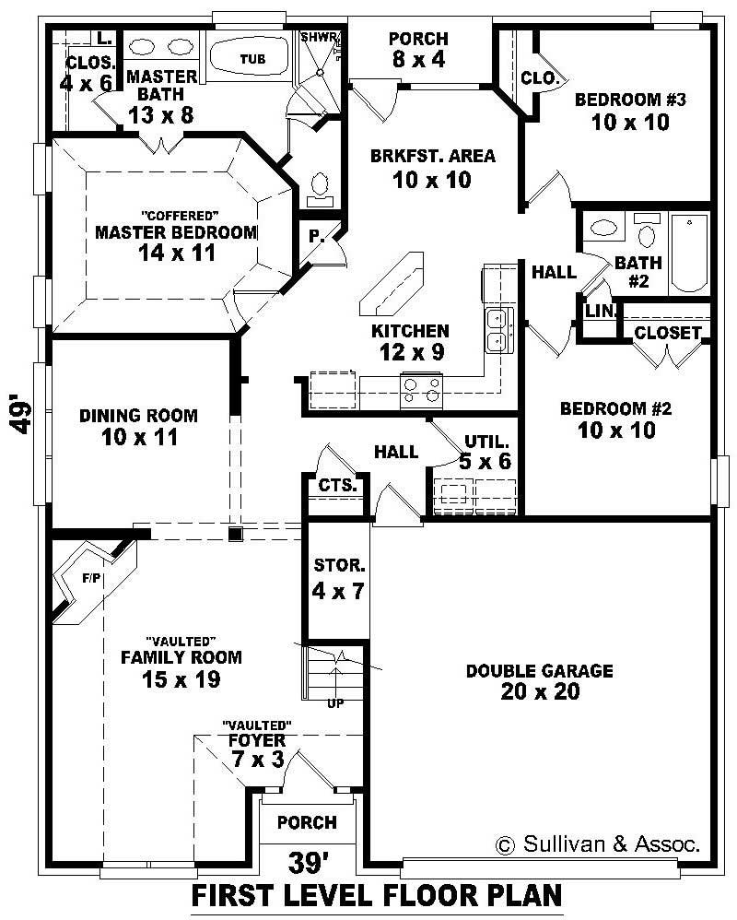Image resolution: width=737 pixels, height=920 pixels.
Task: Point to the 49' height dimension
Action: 23,416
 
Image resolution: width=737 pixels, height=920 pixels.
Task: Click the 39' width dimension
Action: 309,864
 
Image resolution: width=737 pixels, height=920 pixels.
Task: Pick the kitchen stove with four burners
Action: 421,389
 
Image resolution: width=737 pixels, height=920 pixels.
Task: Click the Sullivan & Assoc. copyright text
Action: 598,843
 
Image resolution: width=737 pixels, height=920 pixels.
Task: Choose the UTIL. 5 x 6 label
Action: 487,452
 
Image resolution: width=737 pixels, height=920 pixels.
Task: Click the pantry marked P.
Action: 316,237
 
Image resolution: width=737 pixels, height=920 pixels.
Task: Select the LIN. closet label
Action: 600,311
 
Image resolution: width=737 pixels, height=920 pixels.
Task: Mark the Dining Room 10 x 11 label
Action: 138,427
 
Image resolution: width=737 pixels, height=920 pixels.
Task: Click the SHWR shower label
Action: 319,38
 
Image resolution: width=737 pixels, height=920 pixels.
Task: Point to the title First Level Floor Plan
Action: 376,895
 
